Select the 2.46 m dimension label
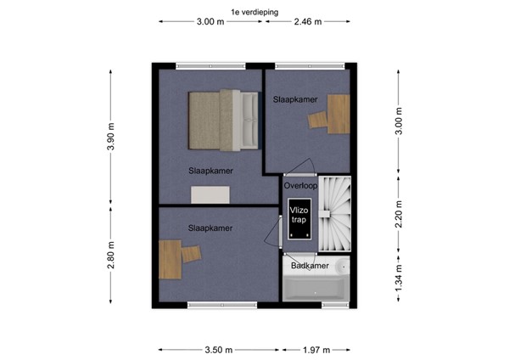[307, 23]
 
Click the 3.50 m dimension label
[214, 349]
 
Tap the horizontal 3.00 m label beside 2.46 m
[210, 23]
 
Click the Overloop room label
[300, 185]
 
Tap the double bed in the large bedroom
[223, 118]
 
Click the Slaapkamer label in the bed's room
[210, 170]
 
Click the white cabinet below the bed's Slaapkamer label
[210, 195]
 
